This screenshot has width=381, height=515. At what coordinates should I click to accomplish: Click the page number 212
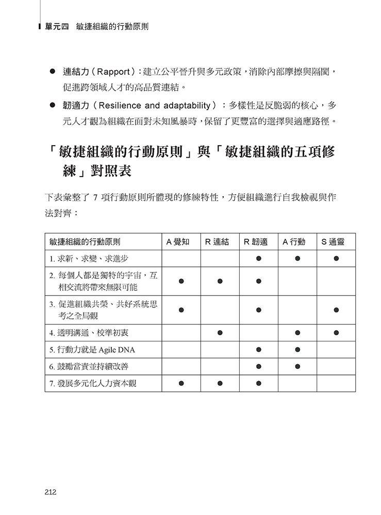[x=50, y=492]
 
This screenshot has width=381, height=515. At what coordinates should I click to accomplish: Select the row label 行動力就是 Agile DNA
[x=92, y=350]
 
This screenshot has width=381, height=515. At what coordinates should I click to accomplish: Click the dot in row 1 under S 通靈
[x=336, y=258]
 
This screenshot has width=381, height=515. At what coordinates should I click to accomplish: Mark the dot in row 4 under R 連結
[x=220, y=333]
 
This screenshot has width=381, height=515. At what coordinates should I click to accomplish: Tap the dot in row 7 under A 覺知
[x=181, y=383]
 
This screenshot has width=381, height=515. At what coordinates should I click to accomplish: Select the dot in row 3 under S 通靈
[x=336, y=310]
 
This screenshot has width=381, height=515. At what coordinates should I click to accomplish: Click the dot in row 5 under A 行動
[x=297, y=350]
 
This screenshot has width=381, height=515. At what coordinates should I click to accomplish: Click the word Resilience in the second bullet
[x=118, y=106]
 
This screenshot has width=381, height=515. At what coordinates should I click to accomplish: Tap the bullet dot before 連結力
[x=52, y=70]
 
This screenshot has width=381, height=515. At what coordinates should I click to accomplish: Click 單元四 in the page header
[x=57, y=26]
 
